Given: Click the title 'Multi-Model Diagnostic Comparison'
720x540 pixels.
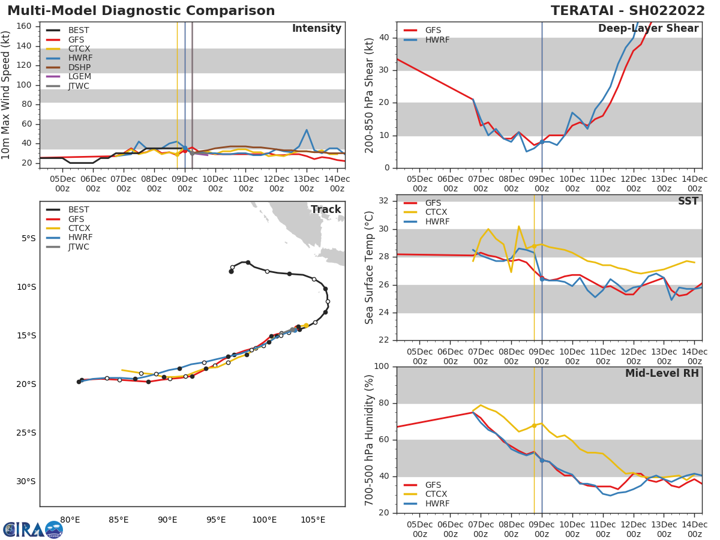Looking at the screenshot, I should click(x=141, y=11).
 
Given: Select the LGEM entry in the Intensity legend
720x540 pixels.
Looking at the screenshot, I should click(x=79, y=76).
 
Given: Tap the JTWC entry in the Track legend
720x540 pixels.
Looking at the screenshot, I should click(x=79, y=247).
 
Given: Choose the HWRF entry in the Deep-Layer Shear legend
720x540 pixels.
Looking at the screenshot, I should click(x=437, y=40).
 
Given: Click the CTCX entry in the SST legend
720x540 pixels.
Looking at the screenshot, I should click(x=436, y=212).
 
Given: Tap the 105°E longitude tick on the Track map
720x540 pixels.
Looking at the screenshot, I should click(x=313, y=519).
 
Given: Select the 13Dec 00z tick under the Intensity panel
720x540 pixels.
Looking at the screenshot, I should click(x=307, y=183).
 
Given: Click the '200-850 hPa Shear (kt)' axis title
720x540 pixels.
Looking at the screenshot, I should click(x=370, y=95).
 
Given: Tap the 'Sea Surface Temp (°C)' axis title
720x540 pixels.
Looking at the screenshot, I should click(x=370, y=268).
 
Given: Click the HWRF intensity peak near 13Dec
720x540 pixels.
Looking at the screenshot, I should click(x=307, y=130).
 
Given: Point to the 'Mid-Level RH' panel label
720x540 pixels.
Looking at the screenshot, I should click(x=662, y=374).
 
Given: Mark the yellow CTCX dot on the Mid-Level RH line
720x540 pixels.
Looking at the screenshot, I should click(x=534, y=425).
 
